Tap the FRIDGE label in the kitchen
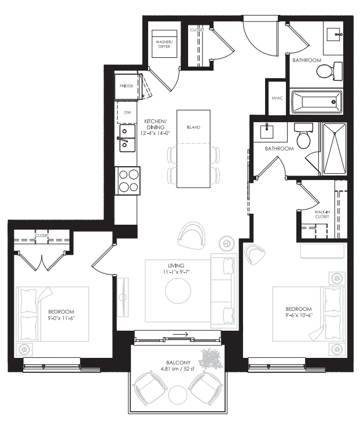(126, 86)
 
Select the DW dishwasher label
(127, 113)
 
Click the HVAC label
(277, 98)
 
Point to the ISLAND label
(193, 126)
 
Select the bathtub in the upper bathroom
(315, 102)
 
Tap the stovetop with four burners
(126, 180)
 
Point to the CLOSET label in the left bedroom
(41, 236)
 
